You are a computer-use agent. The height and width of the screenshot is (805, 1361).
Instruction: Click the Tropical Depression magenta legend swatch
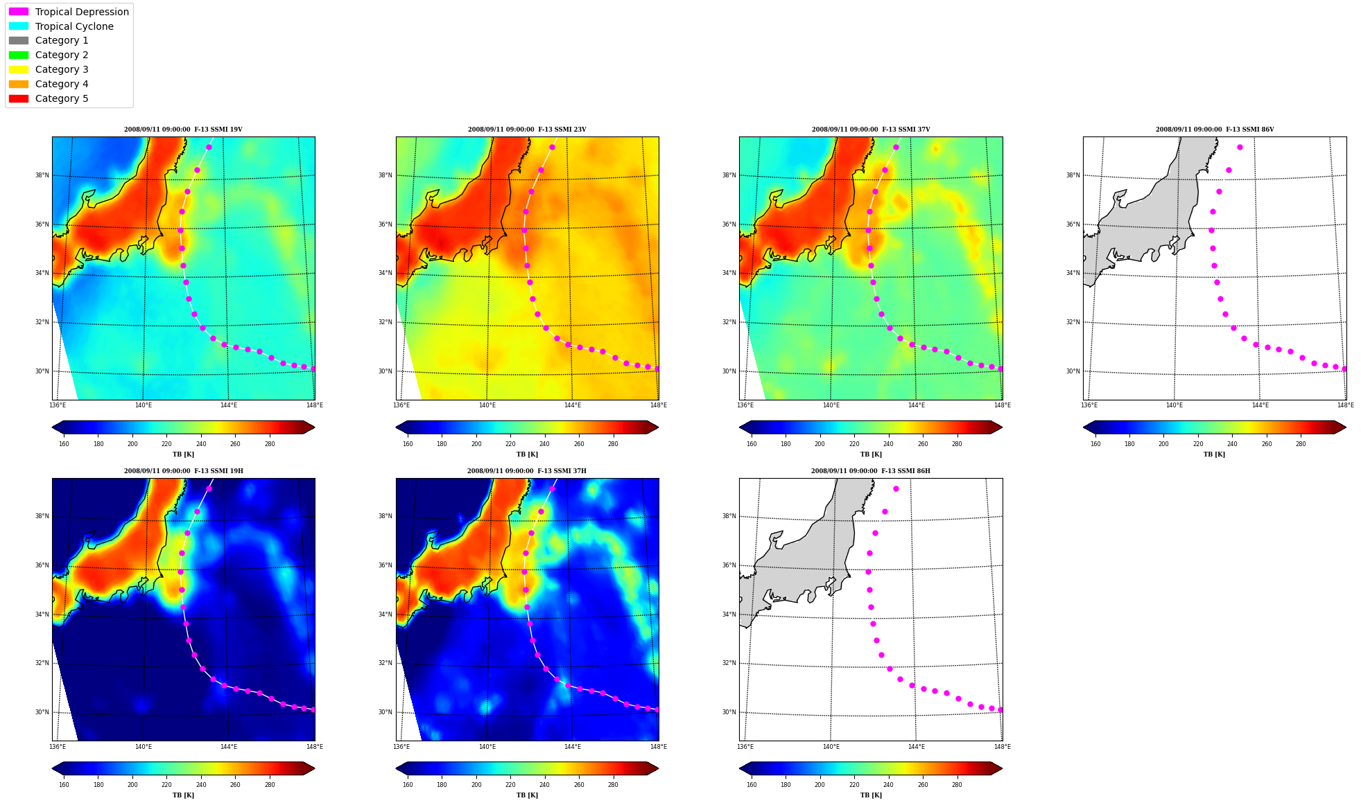click(19, 12)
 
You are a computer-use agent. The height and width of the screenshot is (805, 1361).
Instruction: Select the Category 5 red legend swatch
click(19, 98)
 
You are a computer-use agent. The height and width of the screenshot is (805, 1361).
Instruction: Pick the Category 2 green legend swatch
click(19, 55)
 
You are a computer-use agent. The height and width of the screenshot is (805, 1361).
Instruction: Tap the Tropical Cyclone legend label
click(74, 26)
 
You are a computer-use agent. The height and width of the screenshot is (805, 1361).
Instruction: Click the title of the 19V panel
click(183, 130)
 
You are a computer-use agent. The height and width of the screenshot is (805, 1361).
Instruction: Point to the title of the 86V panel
click(1215, 130)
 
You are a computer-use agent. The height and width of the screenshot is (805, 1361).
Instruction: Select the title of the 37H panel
click(527, 471)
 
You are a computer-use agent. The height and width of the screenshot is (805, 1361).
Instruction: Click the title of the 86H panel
click(871, 471)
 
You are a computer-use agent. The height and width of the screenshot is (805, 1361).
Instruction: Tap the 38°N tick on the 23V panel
click(385, 175)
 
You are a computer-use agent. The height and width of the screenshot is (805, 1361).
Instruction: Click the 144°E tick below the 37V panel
click(917, 405)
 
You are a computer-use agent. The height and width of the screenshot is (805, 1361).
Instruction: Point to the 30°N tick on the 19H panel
click(42, 712)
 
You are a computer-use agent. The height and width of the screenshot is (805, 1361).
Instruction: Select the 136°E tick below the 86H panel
click(745, 747)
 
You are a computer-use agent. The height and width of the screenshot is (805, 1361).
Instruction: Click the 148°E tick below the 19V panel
click(315, 405)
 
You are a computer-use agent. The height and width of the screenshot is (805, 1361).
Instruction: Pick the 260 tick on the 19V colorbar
click(235, 444)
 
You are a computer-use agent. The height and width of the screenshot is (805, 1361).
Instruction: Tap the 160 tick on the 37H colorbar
click(408, 785)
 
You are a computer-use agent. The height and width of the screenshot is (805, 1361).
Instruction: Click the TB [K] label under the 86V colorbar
click(1215, 454)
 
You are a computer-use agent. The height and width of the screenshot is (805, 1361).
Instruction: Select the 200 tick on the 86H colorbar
click(820, 785)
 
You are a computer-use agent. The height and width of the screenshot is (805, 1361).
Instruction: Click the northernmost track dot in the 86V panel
click(1240, 147)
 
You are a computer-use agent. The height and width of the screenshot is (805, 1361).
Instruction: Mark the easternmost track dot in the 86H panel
click(1000, 709)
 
